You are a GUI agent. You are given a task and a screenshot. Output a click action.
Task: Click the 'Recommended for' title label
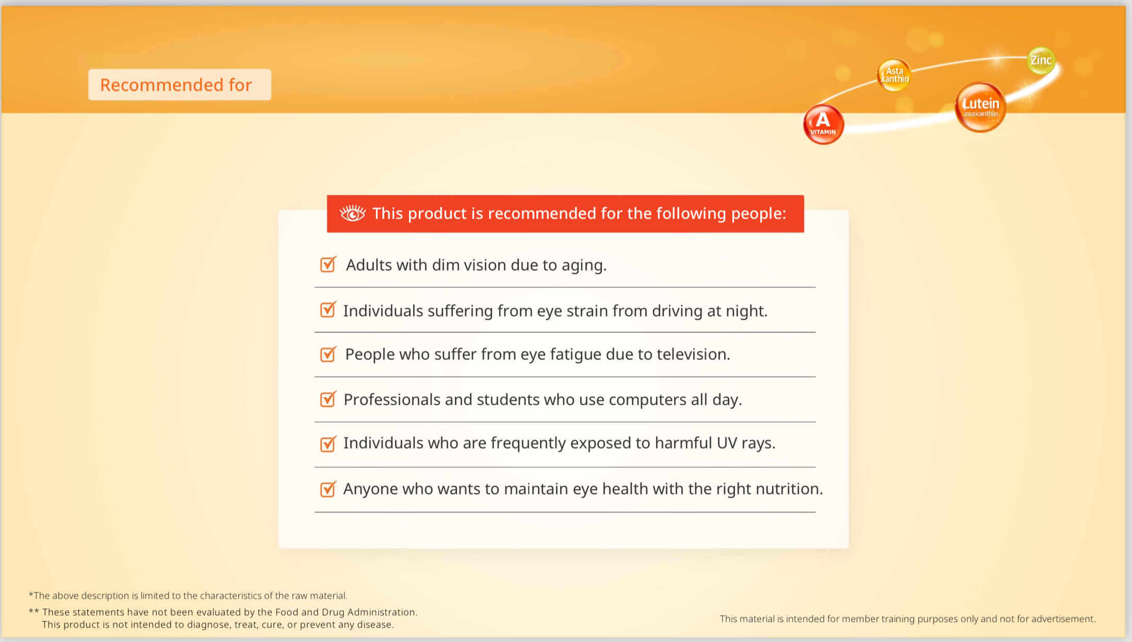click(x=176, y=85)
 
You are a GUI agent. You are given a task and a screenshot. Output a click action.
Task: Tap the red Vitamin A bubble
click(x=823, y=124)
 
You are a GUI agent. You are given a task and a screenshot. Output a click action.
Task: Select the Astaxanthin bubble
click(x=894, y=75)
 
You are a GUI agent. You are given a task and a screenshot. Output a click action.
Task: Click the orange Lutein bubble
click(x=980, y=107)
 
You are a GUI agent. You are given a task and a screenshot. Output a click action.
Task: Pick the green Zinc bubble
click(x=1041, y=60)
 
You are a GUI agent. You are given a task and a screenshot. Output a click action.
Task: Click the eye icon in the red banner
click(x=353, y=213)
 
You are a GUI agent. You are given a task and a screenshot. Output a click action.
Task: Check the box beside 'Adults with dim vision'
click(x=328, y=265)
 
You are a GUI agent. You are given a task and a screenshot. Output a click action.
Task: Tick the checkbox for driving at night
click(x=328, y=310)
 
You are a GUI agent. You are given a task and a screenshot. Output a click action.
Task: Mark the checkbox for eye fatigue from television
click(x=328, y=354)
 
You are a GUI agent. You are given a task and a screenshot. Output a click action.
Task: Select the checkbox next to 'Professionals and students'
click(x=328, y=399)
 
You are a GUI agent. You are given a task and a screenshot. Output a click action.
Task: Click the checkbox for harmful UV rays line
click(x=328, y=443)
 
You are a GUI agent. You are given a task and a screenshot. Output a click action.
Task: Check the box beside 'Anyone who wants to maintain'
click(x=328, y=489)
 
